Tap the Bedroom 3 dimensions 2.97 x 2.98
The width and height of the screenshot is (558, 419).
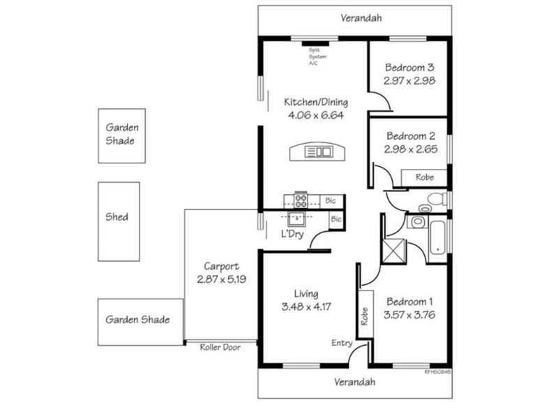[x=409, y=81]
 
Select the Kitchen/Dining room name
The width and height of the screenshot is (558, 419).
[x=315, y=103]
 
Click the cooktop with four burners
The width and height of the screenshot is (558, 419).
[x=301, y=200]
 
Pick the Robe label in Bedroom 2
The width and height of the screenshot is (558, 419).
[x=424, y=177]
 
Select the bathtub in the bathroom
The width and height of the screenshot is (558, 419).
[x=437, y=237]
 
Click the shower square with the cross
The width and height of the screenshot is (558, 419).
[x=395, y=249]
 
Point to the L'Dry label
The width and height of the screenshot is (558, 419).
[x=291, y=234]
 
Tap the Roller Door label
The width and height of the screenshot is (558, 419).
[x=220, y=346]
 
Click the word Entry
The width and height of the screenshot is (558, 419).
[x=342, y=342]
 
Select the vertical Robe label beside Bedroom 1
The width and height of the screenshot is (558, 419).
[x=363, y=316]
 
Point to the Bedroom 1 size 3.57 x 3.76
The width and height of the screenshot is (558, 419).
[x=409, y=314]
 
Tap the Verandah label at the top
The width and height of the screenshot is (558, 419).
[x=361, y=19]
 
